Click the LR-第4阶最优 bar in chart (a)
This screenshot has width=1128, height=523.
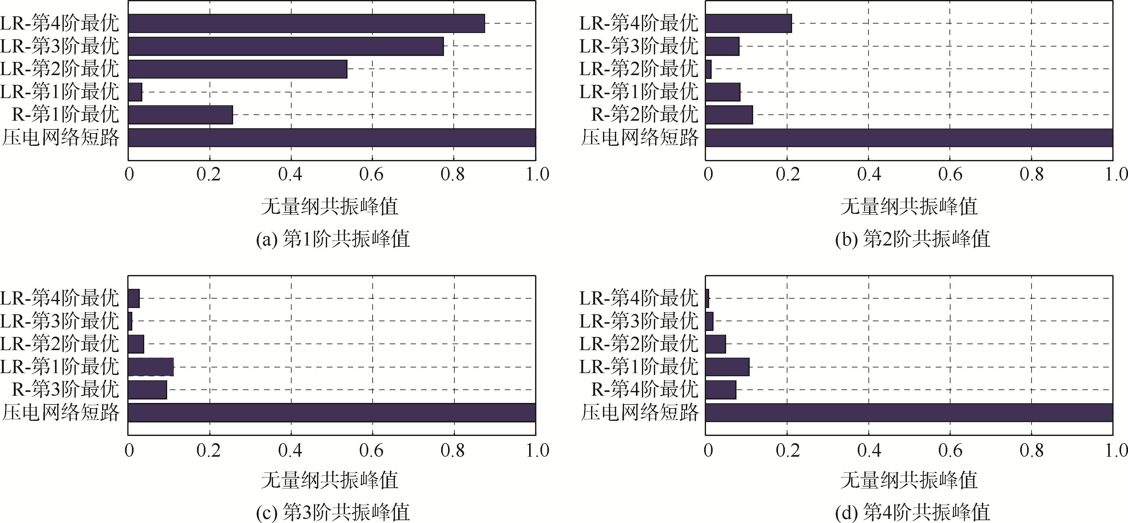point(307,23)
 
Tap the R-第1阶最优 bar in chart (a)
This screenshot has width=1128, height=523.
point(180,115)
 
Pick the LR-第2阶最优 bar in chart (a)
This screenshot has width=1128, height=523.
point(238,69)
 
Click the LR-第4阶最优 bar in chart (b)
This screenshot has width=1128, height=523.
point(749,23)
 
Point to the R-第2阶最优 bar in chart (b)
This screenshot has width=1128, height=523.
point(729,115)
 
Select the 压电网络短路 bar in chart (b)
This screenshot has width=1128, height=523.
point(909,138)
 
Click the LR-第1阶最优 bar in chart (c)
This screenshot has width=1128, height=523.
point(151,366)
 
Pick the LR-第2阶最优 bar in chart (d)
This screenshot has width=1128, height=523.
point(715,344)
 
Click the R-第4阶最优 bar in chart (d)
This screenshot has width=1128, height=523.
point(721,389)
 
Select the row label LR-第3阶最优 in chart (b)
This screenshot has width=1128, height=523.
point(638,46)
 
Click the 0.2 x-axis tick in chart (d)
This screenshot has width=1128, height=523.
point(787,450)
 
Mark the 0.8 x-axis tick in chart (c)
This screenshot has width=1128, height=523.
point(453,450)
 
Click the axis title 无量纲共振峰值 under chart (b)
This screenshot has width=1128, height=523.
point(909,206)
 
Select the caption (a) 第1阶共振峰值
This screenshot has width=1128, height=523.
point(333,239)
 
